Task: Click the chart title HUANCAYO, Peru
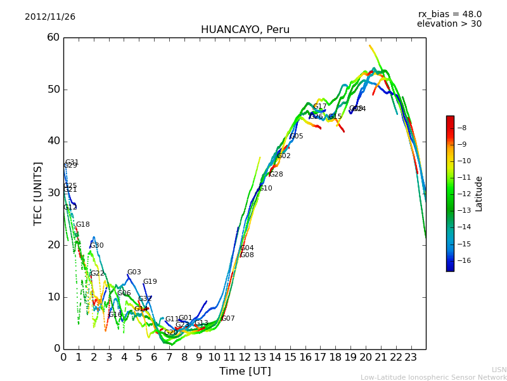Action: (245, 30)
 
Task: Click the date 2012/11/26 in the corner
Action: (50, 17)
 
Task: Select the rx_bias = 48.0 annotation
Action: (449, 14)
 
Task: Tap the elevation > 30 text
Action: (449, 24)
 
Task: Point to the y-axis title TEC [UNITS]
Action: (38, 193)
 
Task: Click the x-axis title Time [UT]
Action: (245, 371)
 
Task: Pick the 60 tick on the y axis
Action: (53, 37)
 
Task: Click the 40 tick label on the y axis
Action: (53, 141)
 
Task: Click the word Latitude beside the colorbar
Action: (479, 193)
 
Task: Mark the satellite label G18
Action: (83, 225)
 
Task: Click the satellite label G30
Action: (97, 246)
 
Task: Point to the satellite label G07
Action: (228, 319)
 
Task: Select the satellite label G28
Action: (276, 175)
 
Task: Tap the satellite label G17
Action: (320, 107)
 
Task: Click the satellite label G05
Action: (297, 137)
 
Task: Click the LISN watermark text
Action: (499, 370)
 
